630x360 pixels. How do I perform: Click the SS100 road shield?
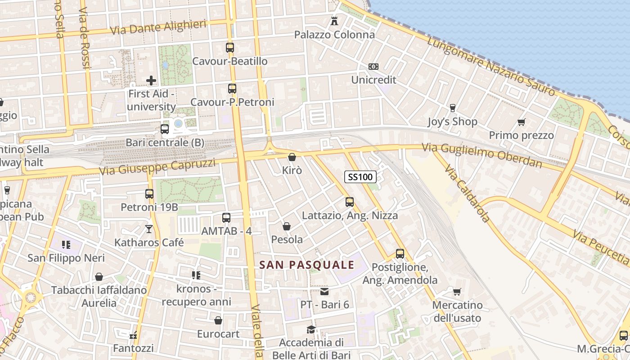(x=360, y=177)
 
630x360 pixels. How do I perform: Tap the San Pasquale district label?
(x=307, y=265)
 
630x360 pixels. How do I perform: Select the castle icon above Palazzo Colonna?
(x=334, y=21)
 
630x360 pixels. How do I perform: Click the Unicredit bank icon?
(x=373, y=67)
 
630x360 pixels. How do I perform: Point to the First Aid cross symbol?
(x=151, y=81)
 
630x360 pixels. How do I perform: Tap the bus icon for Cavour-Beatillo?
(x=230, y=47)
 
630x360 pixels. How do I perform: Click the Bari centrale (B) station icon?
(x=165, y=129)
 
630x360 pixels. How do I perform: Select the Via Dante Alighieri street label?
(x=158, y=27)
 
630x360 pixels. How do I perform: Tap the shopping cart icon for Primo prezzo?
(x=522, y=122)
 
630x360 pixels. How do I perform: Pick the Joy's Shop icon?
(x=452, y=108)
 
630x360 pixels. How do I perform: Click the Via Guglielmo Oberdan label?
(x=482, y=155)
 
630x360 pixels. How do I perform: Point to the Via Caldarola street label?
(x=467, y=193)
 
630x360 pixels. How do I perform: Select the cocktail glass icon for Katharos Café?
(x=149, y=229)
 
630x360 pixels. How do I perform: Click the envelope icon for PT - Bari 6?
(x=324, y=291)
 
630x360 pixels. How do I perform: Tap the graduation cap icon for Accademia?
(x=311, y=329)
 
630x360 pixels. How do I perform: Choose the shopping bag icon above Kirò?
(x=292, y=157)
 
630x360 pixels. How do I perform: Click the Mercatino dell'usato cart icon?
(x=457, y=292)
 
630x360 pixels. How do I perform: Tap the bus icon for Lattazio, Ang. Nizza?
(x=350, y=202)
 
